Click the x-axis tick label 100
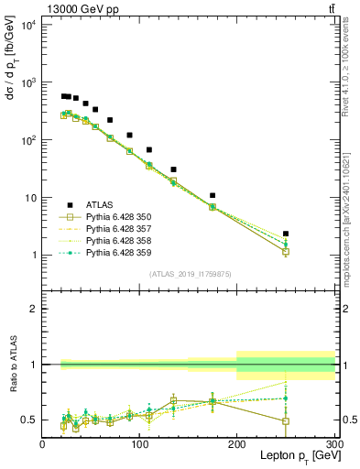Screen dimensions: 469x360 [139, 443]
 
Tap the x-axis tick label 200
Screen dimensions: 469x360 [236, 443]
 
